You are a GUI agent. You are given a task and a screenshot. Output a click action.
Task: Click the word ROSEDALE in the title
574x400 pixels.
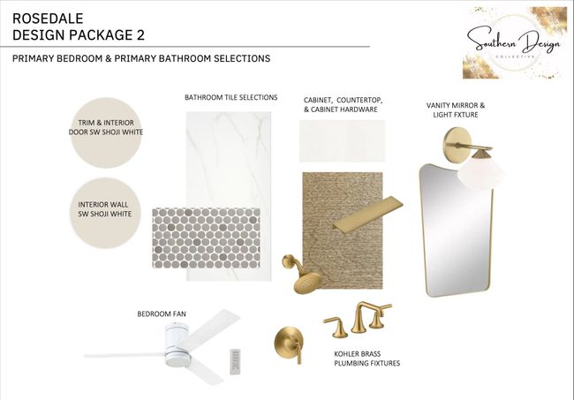(48, 19)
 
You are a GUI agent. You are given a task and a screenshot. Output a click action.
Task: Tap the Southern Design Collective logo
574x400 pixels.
(514, 42)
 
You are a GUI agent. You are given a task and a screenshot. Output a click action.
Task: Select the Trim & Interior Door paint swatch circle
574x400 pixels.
(106, 132)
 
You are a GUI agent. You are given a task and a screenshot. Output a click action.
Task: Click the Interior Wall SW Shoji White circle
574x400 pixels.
(105, 213)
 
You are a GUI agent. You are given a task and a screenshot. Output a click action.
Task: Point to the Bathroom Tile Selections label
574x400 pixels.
(231, 97)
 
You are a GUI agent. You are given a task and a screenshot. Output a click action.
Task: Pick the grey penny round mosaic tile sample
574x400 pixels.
(206, 238)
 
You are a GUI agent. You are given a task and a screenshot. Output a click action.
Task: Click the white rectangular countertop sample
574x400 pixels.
(343, 141)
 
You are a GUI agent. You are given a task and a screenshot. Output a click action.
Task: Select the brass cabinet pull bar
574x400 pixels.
(368, 213)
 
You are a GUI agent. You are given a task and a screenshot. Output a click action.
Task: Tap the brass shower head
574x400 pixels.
(303, 274)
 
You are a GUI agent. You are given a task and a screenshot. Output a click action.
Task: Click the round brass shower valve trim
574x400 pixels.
(289, 344)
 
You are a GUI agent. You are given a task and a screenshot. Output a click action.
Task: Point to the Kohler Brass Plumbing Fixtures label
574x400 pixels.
(366, 358)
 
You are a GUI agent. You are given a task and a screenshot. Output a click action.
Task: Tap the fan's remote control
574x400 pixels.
(236, 361)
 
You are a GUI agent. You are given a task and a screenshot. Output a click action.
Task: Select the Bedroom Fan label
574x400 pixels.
(162, 314)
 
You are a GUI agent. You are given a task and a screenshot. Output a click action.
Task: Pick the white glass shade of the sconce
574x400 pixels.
(480, 173)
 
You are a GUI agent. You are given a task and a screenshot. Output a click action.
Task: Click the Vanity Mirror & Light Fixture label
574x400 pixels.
(456, 109)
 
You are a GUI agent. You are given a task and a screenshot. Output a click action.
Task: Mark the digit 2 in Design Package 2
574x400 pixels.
(140, 35)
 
